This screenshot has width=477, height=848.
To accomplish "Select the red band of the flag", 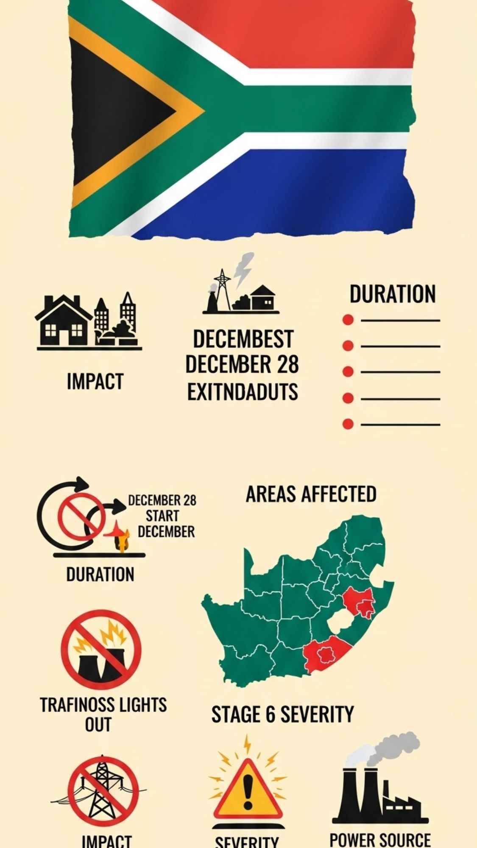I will (x=305, y=34).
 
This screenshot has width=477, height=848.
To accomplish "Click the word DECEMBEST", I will (x=243, y=339).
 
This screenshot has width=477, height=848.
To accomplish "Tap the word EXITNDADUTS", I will (x=243, y=392).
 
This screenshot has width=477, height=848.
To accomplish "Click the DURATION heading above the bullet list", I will (x=392, y=294).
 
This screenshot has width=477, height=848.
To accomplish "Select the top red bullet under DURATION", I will (x=348, y=320).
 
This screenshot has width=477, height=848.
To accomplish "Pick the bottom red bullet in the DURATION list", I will (x=348, y=424).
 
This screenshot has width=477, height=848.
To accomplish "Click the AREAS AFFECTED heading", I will (x=311, y=494).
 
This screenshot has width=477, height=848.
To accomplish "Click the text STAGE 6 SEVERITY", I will (x=282, y=714).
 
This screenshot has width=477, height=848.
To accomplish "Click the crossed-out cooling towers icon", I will (x=101, y=649).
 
